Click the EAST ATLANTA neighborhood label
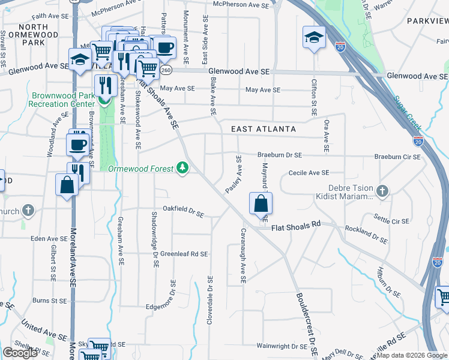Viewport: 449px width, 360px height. (x=264, y=129)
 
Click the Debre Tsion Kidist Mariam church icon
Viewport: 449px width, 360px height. (x=382, y=192)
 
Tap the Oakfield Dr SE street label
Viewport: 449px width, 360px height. (x=183, y=212)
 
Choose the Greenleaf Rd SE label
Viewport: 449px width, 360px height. (x=184, y=254)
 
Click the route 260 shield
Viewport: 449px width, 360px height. (x=166, y=70)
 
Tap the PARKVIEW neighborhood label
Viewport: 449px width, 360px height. (x=427, y=20)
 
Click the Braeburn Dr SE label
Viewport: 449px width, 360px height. (x=280, y=155)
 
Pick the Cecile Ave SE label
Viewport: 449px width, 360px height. (x=309, y=172)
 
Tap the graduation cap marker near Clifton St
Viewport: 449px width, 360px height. (x=314, y=38)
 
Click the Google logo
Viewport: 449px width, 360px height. (x=20, y=353)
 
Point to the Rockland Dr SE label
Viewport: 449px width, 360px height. (x=367, y=235)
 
